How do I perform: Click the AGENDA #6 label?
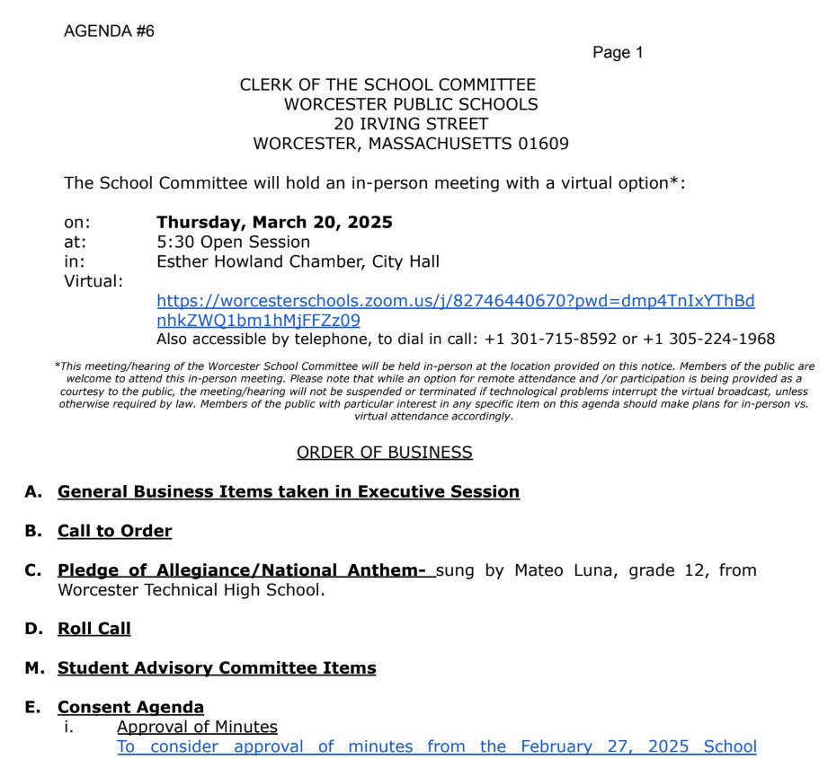pos(109,31)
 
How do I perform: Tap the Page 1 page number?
pos(618,53)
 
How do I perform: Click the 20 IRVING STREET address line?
pos(411,124)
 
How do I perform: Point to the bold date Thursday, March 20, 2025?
pos(274,223)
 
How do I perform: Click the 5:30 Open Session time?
pos(233,243)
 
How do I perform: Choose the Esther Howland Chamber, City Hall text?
pos(298,262)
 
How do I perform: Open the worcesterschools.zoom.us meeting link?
pos(455,301)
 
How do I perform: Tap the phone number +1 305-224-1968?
pos(715,340)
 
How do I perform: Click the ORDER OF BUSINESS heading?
pos(384,453)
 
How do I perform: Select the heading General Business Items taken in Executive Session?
pos(288,492)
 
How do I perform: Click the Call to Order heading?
pos(114,532)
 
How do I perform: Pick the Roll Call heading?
pos(93,629)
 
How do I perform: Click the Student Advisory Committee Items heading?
pos(217,668)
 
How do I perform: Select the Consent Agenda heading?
pos(130,708)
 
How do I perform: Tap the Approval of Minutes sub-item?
pos(197,728)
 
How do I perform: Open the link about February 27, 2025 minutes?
pos(436,747)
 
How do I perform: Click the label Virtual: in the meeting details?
pos(93,282)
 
